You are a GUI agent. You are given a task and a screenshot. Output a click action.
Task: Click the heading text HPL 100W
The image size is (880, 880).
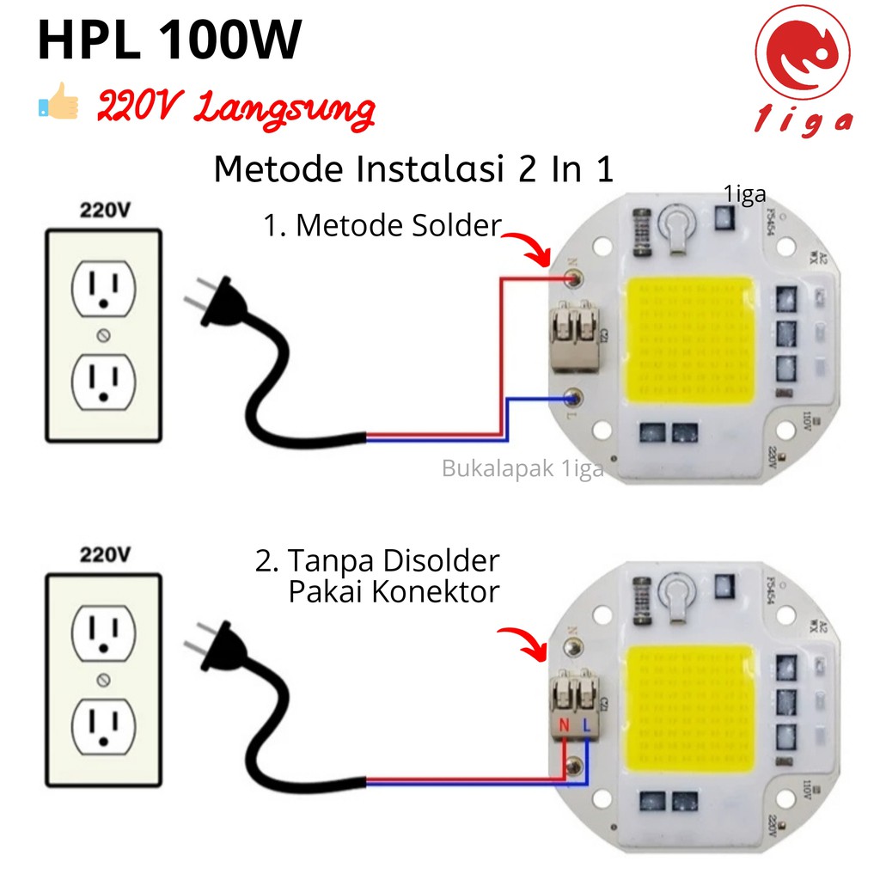[x=169, y=40]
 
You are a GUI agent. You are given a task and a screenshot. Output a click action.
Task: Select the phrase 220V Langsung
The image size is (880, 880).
[x=235, y=109]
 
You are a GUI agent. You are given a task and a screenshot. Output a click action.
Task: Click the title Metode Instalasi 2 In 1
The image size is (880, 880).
[x=413, y=168]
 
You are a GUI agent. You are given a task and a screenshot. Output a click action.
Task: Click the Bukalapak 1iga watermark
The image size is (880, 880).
[x=522, y=469]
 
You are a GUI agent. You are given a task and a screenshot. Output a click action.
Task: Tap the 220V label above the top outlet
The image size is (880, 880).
[x=104, y=210]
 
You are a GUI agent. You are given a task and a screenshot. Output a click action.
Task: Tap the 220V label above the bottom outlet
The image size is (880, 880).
[x=104, y=553]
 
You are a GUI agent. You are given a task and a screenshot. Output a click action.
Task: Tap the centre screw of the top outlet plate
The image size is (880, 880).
[x=104, y=333]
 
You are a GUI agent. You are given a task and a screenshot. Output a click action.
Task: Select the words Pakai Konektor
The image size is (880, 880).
[x=394, y=592]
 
